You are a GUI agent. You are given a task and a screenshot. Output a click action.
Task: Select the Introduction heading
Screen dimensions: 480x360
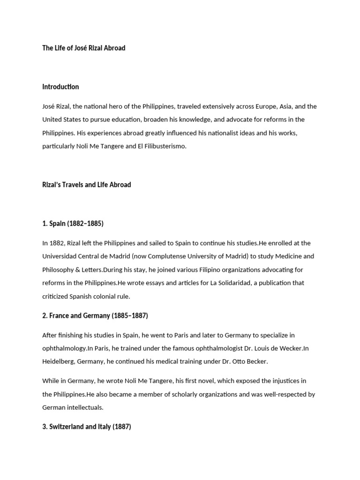[60, 87]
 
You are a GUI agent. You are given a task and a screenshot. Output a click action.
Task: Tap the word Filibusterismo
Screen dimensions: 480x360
[165, 146]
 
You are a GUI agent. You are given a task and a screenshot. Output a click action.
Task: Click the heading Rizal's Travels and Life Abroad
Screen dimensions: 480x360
[87, 185]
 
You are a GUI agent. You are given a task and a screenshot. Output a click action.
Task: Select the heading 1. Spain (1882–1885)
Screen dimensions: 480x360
[73, 224]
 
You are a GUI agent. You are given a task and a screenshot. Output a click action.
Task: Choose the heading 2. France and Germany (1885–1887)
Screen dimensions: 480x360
[95, 315]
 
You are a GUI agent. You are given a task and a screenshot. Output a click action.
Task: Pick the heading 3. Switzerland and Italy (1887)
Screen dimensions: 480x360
[87, 427]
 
